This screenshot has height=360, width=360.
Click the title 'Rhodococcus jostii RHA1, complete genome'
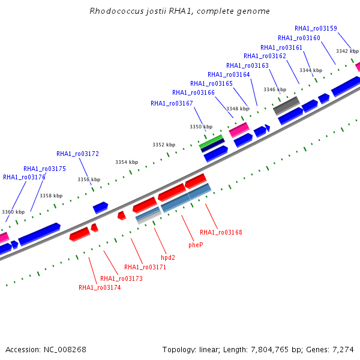(x=179, y=11)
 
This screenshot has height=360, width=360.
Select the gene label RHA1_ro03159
(x=316, y=28)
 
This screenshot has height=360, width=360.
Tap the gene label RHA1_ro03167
(x=172, y=103)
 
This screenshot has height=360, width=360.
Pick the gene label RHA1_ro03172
(x=77, y=154)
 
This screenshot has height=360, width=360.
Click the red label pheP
(x=196, y=245)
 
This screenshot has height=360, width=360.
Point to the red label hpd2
(x=168, y=257)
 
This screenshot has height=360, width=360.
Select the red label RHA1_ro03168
(x=221, y=232)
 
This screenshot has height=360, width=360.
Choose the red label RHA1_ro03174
(x=100, y=287)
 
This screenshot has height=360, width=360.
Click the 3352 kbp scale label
(x=164, y=145)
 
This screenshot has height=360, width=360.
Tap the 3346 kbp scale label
(x=275, y=89)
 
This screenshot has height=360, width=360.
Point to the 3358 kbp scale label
(x=51, y=196)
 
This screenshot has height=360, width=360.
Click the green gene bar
(x=211, y=142)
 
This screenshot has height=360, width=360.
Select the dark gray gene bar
(x=287, y=106)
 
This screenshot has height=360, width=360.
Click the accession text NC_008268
(x=65, y=349)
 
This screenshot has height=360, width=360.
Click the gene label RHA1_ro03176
(x=24, y=177)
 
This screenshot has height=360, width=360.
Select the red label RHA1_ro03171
(x=145, y=267)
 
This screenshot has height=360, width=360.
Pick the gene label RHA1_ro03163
(x=247, y=65)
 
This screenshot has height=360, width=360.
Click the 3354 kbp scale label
(x=127, y=162)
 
